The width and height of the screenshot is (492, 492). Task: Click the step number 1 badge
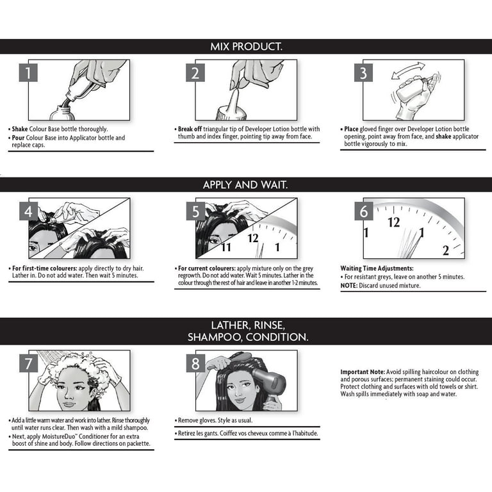click(x=28, y=73)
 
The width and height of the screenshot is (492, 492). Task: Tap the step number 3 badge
click(x=363, y=73)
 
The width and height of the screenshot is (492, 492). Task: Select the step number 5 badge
click(x=195, y=211)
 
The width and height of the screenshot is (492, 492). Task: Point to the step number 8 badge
click(x=195, y=364)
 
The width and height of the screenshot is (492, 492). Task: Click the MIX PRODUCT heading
click(x=246, y=47)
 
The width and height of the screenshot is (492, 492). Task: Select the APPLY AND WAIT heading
click(x=245, y=184)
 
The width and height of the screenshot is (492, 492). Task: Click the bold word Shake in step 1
click(x=20, y=129)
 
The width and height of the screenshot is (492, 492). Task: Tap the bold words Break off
click(x=190, y=129)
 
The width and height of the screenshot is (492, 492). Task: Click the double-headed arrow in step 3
click(x=408, y=70)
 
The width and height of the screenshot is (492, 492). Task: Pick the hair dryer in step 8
click(x=270, y=383)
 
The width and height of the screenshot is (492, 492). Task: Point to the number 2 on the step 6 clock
click(x=446, y=250)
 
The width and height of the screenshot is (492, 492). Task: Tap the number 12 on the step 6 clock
click(x=393, y=222)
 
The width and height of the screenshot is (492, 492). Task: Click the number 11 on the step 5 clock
click(x=226, y=247)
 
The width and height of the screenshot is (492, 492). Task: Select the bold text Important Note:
click(x=363, y=372)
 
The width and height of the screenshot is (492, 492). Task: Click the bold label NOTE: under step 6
click(x=349, y=286)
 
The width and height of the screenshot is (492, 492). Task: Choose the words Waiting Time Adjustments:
click(x=377, y=268)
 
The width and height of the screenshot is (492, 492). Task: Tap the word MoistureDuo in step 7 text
click(x=59, y=436)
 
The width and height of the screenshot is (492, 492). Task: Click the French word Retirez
click(x=187, y=433)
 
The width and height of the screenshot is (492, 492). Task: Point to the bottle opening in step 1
click(x=63, y=108)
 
